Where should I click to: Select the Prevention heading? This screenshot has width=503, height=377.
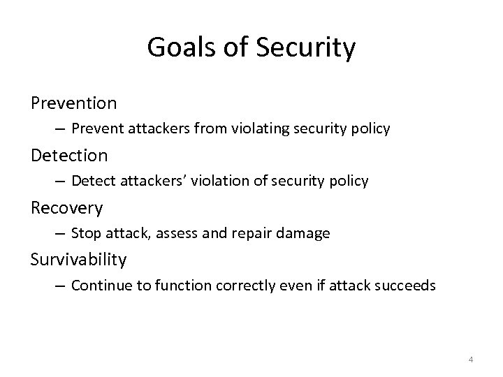(x=73, y=103)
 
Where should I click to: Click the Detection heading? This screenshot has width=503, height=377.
(x=69, y=155)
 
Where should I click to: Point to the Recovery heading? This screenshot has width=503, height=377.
(x=66, y=207)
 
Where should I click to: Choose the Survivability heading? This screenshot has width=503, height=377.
(x=78, y=260)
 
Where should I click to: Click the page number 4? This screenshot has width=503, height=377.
(x=470, y=360)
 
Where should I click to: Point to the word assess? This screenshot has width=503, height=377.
(x=170, y=233)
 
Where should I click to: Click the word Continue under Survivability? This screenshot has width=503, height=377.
(x=98, y=285)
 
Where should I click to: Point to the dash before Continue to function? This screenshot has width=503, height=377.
(x=60, y=286)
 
